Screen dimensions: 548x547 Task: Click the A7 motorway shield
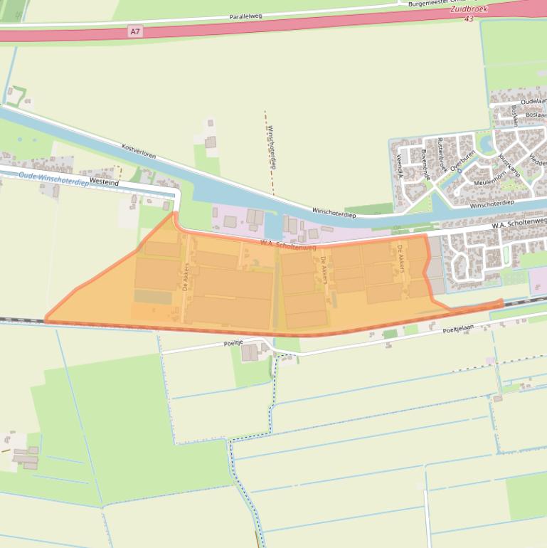[135, 31]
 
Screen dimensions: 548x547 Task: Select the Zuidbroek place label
[468, 10]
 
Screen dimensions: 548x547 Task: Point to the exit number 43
[468, 19]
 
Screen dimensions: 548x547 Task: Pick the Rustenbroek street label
[442, 154]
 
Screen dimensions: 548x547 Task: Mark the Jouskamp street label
[510, 165]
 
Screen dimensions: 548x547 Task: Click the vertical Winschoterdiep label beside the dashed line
[271, 147]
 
